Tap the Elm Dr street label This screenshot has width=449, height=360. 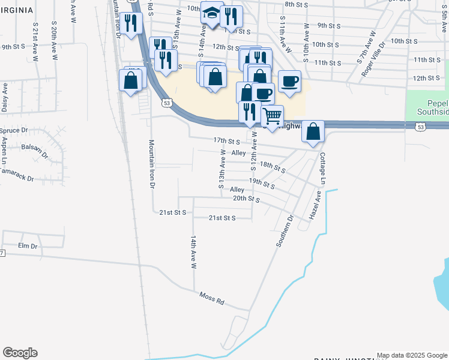28,246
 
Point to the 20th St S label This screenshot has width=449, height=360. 246,199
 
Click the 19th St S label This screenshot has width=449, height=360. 262,183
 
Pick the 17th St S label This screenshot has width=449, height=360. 226,140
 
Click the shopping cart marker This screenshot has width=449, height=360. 273,116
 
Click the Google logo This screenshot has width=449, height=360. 20,353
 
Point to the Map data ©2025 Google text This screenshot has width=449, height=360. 411,355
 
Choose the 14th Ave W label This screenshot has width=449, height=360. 194,251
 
